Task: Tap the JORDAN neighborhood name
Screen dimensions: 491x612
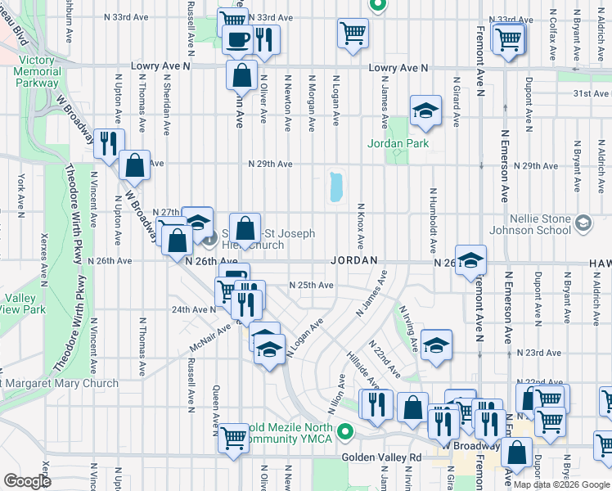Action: [354, 260]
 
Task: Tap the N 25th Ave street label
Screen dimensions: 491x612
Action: [311, 285]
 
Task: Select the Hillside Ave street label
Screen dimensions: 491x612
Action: [362, 371]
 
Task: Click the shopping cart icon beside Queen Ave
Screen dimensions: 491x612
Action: [233, 437]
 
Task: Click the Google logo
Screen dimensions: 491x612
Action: [27, 481]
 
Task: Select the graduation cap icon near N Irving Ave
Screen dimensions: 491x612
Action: [436, 345]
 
